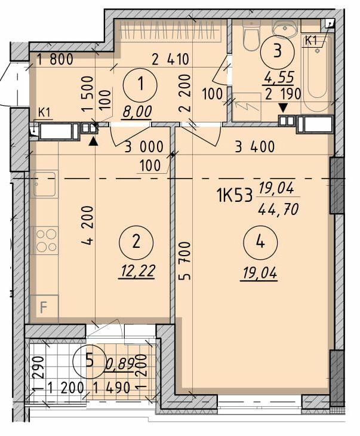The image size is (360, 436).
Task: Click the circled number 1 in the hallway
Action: pos(140,85)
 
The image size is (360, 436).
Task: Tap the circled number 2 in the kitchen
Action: pos(136,242)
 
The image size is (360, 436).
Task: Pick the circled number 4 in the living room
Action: pos(260,242)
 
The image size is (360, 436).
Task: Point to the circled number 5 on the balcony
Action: pos(89,360)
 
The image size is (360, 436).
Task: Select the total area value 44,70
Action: pos(277,208)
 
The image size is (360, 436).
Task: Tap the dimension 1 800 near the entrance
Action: pos(54,59)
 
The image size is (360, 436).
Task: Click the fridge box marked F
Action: pos(44,309)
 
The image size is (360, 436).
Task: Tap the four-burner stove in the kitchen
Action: pos(45,240)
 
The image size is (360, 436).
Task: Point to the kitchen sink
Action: pos(44,184)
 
